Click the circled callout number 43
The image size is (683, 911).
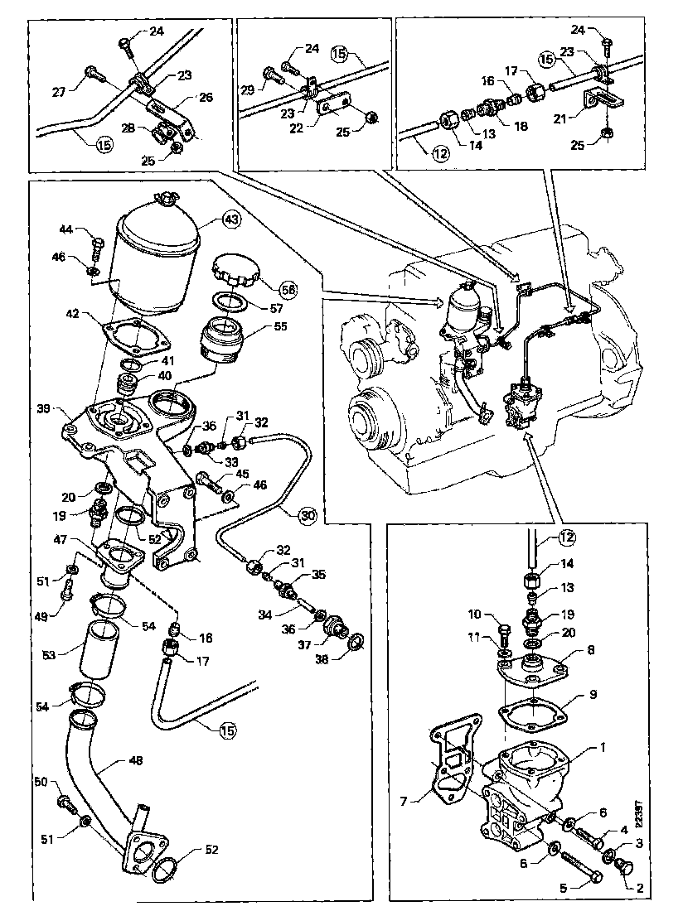tap(230, 220)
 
